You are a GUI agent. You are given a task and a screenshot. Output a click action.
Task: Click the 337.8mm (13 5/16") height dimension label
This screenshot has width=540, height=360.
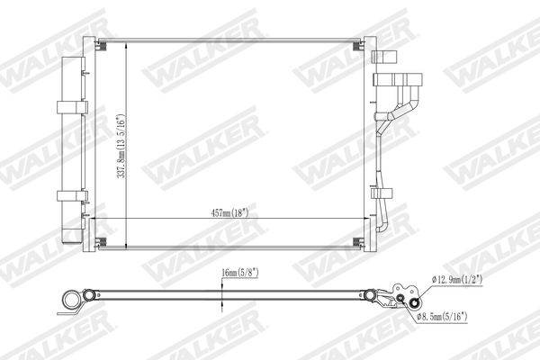(x=121, y=147)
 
